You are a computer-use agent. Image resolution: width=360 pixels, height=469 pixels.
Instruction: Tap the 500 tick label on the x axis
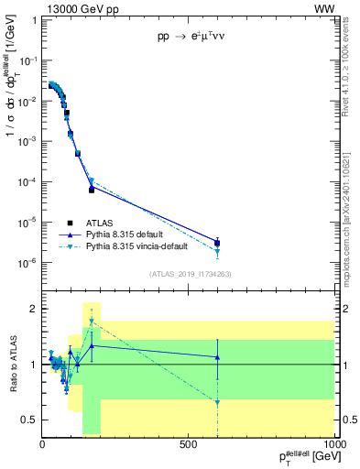189,445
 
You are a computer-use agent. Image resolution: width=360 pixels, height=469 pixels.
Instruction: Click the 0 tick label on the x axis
43,445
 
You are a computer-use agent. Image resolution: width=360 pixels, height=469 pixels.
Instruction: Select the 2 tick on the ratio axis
34,309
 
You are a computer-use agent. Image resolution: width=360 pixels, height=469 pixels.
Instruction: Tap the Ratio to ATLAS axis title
12,365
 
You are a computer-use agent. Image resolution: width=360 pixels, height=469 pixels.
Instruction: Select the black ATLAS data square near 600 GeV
217,243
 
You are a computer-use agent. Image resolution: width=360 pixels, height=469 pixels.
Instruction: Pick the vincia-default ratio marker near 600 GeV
217,402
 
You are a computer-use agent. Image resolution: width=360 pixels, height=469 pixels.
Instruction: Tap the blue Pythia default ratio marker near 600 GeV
217,356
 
